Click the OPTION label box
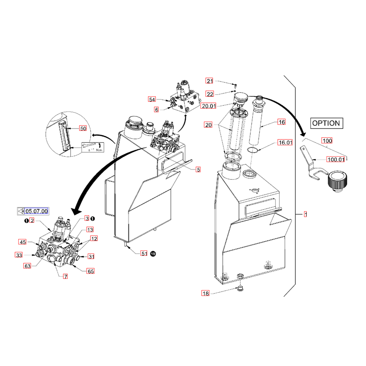(x=326, y=123)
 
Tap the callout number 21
(x=209, y=81)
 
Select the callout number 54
(x=152, y=99)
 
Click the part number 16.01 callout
(x=285, y=143)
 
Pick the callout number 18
(x=205, y=293)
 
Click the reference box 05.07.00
(x=36, y=211)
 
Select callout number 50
(x=83, y=128)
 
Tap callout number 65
(x=90, y=271)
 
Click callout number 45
(x=23, y=242)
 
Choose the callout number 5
(x=198, y=169)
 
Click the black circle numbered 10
(x=153, y=253)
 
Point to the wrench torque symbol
(x=88, y=147)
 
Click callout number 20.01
(x=208, y=106)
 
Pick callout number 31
(x=91, y=256)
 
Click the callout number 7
(x=66, y=277)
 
